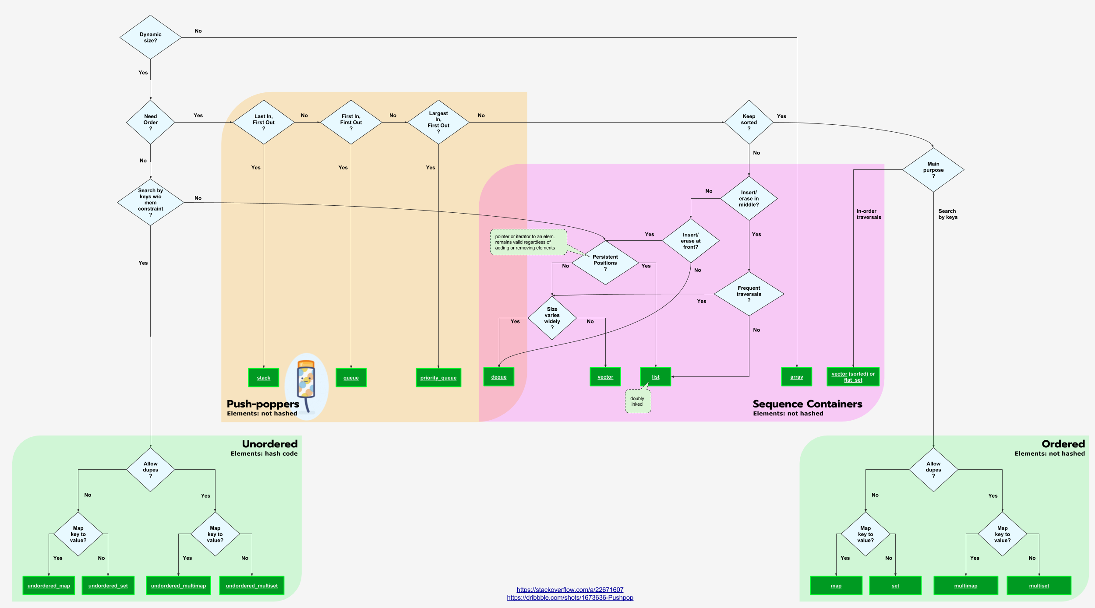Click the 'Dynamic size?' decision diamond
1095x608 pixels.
tap(150, 37)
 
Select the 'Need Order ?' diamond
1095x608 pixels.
tap(150, 122)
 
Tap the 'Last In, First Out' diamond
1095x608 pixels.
tap(263, 122)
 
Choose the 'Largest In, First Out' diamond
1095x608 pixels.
tap(438, 122)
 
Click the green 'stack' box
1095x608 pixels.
tap(263, 377)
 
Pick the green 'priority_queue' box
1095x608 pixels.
tap(438, 377)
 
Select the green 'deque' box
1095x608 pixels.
tap(498, 376)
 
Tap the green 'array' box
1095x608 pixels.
tap(796, 376)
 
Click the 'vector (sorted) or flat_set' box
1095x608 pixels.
tap(853, 376)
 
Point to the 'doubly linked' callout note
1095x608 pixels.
tap(637, 401)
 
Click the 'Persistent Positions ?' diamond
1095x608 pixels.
tap(605, 263)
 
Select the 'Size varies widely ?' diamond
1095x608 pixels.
tap(552, 318)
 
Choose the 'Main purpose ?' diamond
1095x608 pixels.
tap(933, 170)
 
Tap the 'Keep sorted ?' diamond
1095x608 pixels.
tap(749, 122)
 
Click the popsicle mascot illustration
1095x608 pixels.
tap(306, 385)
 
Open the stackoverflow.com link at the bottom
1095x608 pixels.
tap(569, 590)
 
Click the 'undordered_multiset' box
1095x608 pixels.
tap(251, 585)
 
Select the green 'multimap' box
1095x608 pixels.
tap(965, 585)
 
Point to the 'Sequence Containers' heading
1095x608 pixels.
tap(807, 404)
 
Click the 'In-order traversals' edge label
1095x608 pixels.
tap(869, 214)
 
